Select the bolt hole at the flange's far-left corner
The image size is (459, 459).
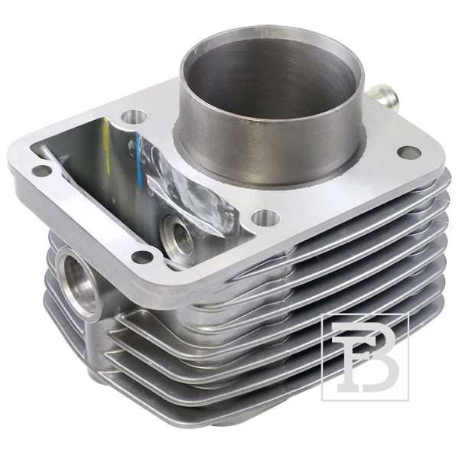click(x=41, y=171)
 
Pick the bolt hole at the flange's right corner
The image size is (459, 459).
click(x=409, y=152)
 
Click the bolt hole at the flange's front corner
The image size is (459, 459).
click(x=142, y=257)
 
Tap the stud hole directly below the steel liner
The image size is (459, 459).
click(x=265, y=218)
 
